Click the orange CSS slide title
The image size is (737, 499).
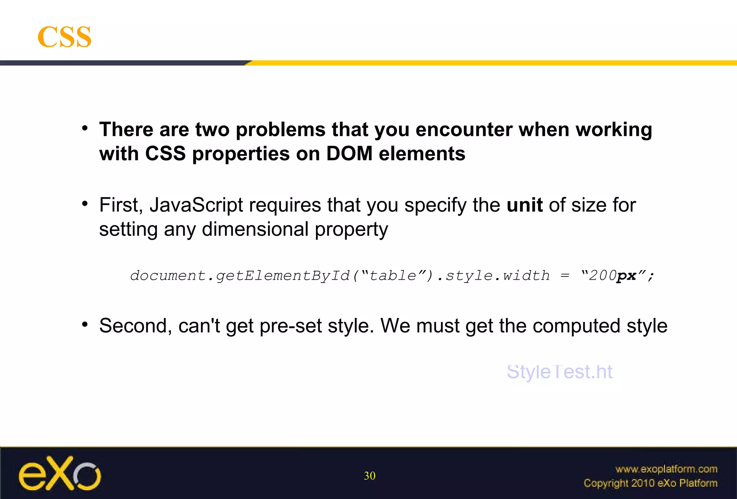click(64, 37)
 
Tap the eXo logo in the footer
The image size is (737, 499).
click(60, 473)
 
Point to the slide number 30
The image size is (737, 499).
click(370, 476)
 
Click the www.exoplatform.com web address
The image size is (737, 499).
click(666, 469)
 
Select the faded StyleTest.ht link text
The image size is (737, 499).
click(559, 372)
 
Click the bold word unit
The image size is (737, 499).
click(524, 205)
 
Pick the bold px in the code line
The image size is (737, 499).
click(627, 276)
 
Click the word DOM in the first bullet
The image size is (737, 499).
click(349, 154)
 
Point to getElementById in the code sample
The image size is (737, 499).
click(283, 276)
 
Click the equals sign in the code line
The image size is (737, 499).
click(565, 276)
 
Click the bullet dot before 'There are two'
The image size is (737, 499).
click(85, 128)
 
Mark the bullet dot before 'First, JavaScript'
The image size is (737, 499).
click(85, 204)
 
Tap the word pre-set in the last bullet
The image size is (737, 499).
click(290, 326)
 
